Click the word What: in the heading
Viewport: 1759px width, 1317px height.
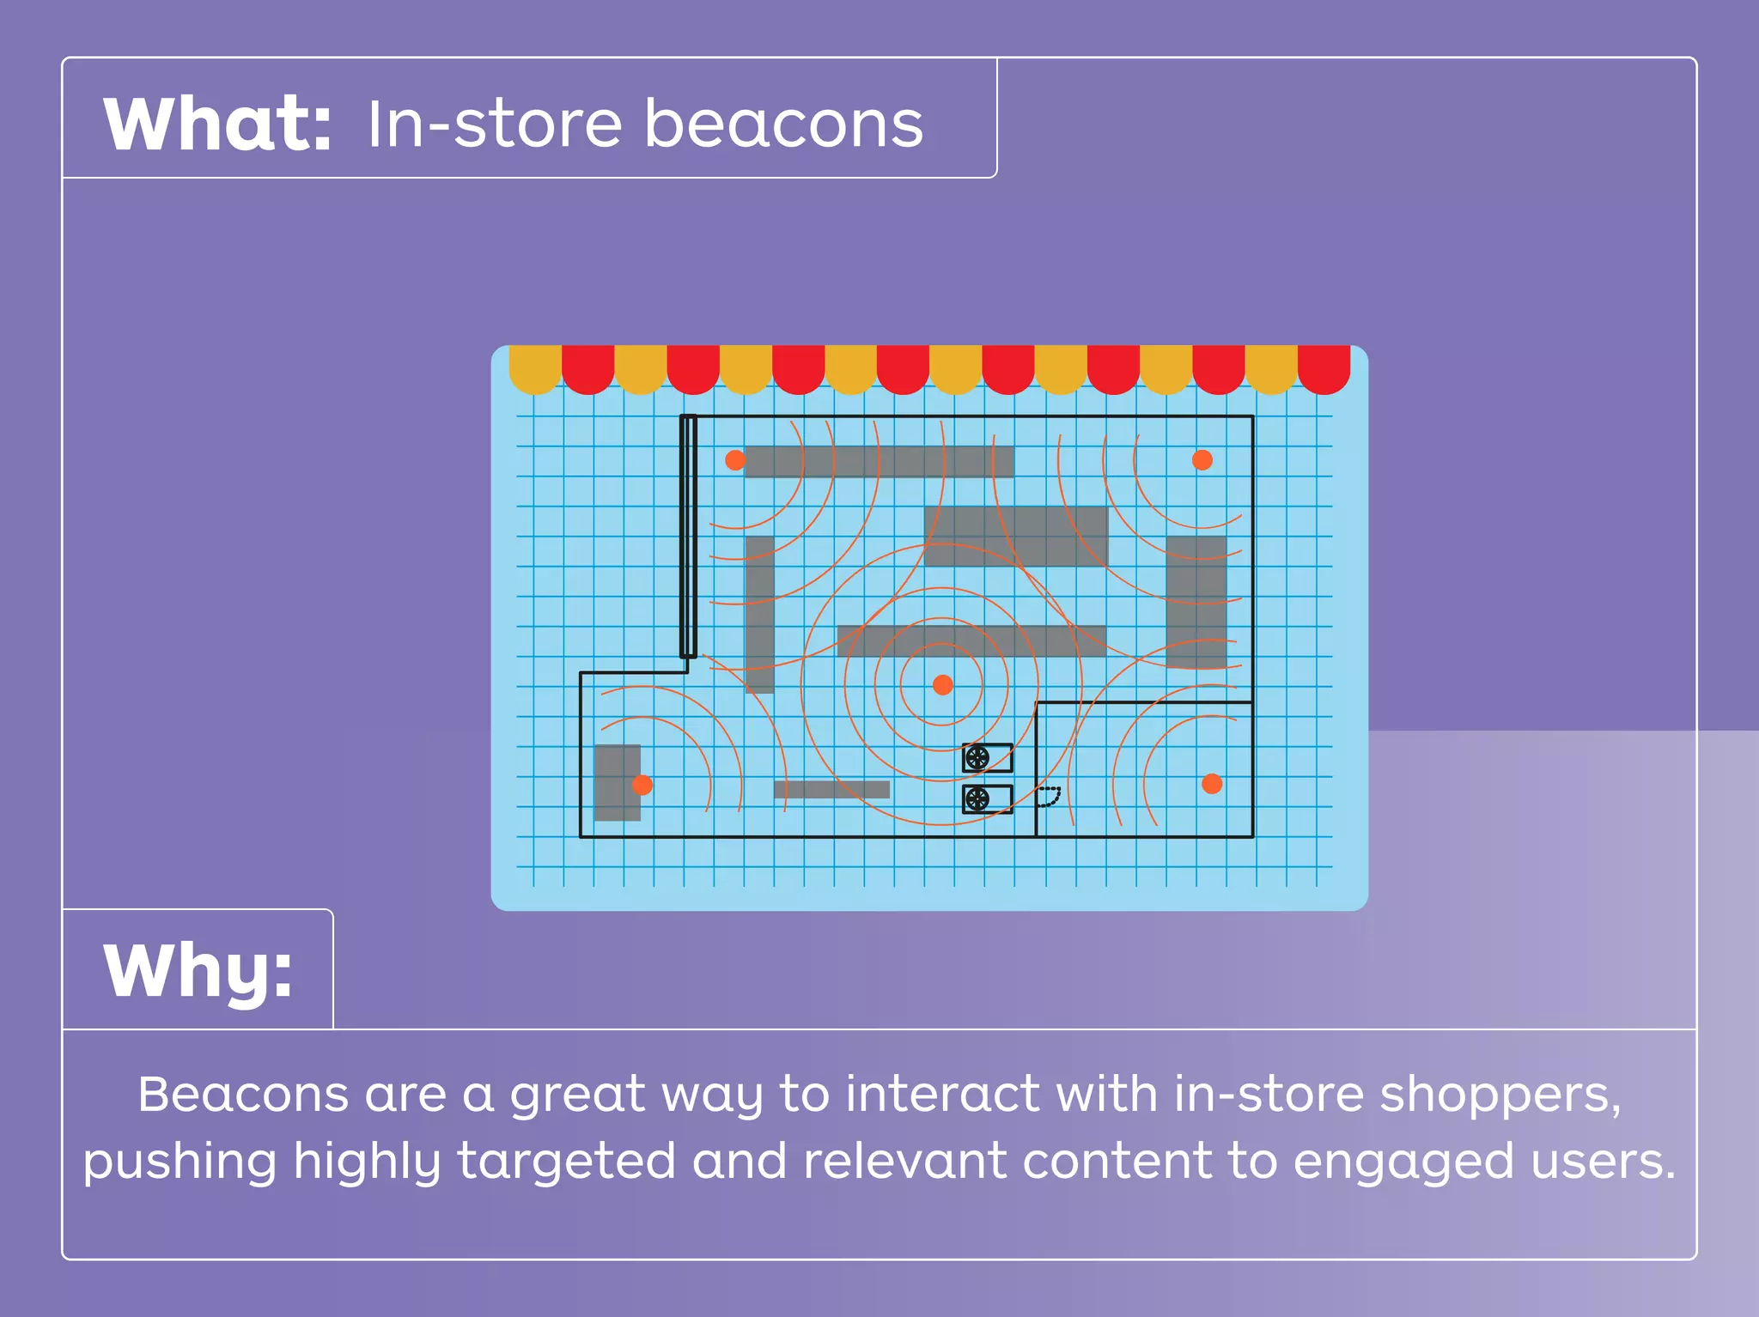coord(216,124)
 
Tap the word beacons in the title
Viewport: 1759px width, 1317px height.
coord(782,124)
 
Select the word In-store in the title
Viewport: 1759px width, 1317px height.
coord(494,124)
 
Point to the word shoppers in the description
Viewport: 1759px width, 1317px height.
coord(1500,1095)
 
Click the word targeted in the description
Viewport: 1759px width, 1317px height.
coord(566,1162)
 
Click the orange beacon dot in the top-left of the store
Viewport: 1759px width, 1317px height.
coord(735,460)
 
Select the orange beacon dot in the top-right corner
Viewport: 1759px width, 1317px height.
coord(1202,460)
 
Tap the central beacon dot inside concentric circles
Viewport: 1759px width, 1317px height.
coord(942,685)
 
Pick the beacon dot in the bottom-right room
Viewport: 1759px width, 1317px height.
coord(1212,784)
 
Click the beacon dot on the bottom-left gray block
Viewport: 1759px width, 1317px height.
coord(642,785)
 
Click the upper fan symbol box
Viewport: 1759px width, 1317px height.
coord(987,758)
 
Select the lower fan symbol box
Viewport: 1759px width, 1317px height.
coord(987,799)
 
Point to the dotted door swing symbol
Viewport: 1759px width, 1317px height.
coord(1049,797)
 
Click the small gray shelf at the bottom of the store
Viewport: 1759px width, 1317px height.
coord(831,790)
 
